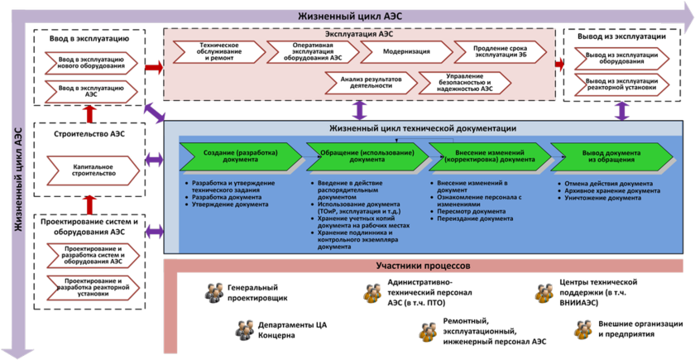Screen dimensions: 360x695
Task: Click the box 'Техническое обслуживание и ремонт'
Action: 219,51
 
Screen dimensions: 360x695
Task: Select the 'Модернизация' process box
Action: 406,51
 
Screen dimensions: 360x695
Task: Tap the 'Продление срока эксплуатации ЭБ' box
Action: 501,51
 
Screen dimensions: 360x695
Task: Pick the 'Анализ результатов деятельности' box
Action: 365,81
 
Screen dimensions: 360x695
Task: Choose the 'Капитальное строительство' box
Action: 93,171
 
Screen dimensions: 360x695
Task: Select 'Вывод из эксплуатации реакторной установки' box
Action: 621,85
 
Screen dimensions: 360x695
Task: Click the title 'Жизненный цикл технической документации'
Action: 423,128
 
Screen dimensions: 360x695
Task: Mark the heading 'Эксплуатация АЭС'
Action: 357,34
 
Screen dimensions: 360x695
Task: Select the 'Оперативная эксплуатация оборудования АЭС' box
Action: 313,51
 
